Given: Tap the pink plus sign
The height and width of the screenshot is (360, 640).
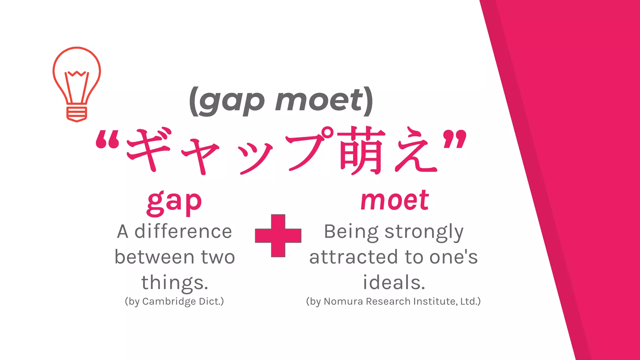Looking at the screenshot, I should pyautogui.click(x=278, y=236).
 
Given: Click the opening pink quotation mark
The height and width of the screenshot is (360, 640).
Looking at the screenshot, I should pyautogui.click(x=107, y=139).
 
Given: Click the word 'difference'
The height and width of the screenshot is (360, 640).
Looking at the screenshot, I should pyautogui.click(x=183, y=232).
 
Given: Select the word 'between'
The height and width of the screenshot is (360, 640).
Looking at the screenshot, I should pyautogui.click(x=155, y=257).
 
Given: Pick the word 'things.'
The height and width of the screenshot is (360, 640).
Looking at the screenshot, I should pyautogui.click(x=175, y=282).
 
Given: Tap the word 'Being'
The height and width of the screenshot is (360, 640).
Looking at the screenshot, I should pyautogui.click(x=351, y=232).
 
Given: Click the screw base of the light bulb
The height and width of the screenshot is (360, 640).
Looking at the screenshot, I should pyautogui.click(x=77, y=114).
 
